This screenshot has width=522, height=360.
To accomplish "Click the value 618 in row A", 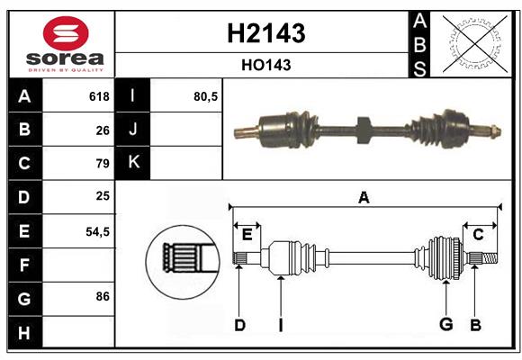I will coord(99,96).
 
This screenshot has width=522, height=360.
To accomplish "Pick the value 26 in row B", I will coord(103,130).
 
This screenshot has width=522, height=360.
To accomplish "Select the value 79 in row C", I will coord(103,164).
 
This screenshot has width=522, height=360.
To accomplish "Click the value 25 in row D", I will coord(103,196).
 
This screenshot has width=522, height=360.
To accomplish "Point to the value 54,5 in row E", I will coord(97,230).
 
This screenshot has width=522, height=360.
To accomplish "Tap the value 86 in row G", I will coord(103,296).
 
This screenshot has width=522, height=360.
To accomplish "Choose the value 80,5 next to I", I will coord(206,96).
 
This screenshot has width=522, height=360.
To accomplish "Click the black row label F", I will coord(24,265).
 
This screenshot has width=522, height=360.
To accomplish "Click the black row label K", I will coord(133,163).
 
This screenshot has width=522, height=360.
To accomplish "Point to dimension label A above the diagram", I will coord(364,197).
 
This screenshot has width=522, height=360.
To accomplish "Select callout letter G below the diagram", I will coord(445,325).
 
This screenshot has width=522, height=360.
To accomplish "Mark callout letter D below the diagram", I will coord(239,325).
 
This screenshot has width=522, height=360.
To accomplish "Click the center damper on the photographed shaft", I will coord(363,130).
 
